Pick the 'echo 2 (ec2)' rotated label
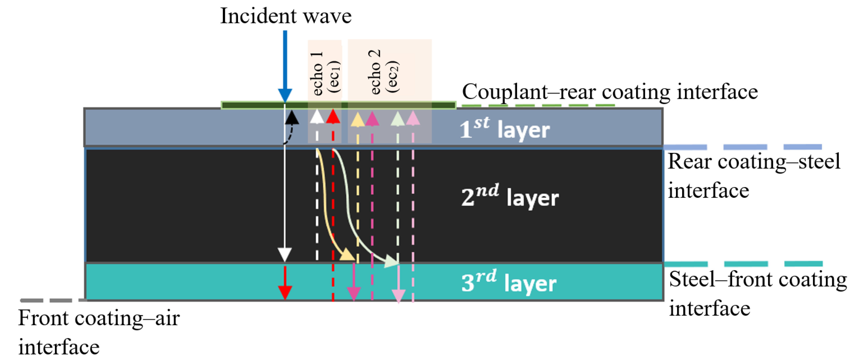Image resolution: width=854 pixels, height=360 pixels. coord(383,72)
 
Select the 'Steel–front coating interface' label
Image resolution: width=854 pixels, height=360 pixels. coord(757,293)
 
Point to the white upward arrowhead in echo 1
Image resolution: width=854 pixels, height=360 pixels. coord(317,117)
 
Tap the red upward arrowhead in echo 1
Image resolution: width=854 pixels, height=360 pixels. coord(333,117)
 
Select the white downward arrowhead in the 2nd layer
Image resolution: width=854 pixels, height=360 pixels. coord(284,255)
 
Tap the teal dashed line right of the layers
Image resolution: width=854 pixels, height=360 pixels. coord(743,264)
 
